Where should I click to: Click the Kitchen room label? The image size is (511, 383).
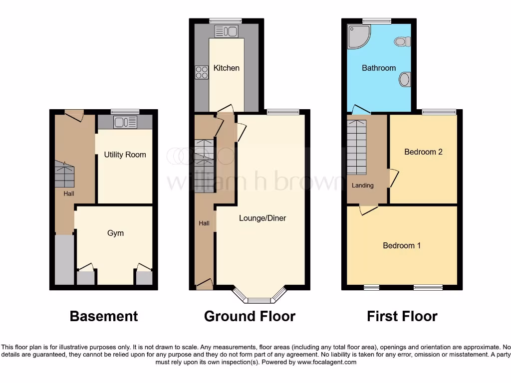[x=227, y=68]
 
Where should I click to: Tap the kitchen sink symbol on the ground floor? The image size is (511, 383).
[x=227, y=31]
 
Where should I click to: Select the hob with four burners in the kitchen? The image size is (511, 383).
[x=202, y=72]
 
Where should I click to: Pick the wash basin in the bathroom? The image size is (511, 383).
[x=405, y=79]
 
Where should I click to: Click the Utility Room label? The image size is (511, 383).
[x=125, y=155]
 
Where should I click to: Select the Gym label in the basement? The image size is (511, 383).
[x=115, y=233]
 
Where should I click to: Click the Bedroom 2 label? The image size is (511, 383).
[x=423, y=152]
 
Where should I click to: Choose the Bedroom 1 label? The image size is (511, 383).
[x=402, y=245]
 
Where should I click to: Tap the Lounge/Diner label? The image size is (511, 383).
[x=262, y=218]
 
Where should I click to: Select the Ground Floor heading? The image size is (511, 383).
[x=250, y=316]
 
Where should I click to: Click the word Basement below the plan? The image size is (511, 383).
[x=104, y=316]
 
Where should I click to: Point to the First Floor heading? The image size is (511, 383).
[x=402, y=316]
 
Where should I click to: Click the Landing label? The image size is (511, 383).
[x=362, y=186]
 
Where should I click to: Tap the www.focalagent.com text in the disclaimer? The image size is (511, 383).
[x=326, y=362]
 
